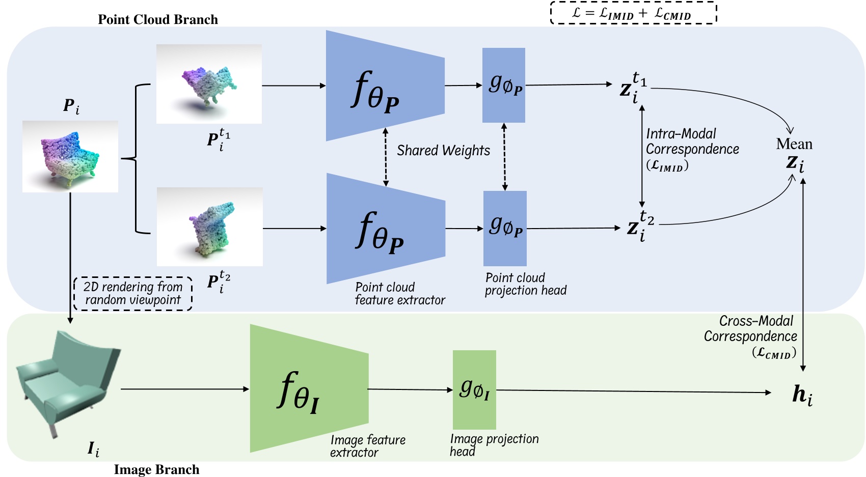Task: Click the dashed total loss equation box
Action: tap(633, 13)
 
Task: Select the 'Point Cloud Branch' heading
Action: tap(157, 19)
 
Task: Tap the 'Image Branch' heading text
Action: tap(156, 469)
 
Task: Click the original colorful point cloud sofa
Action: tap(70, 156)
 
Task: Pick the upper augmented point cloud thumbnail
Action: tap(209, 83)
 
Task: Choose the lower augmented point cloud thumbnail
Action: tap(209, 227)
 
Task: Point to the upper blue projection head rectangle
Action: tap(503, 85)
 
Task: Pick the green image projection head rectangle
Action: tap(474, 389)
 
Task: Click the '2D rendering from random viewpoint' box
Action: tap(133, 294)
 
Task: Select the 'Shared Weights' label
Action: tap(443, 151)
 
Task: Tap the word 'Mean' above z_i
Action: tap(794, 144)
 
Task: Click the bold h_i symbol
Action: tap(802, 395)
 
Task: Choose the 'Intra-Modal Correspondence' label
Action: tap(691, 142)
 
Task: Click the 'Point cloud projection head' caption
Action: tap(525, 284)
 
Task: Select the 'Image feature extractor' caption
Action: tap(367, 446)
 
